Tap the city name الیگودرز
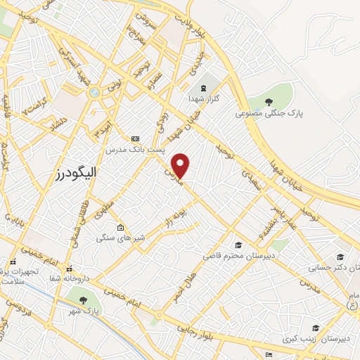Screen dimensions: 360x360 pyautogui.click(x=78, y=172)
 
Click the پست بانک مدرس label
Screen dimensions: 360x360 pyautogui.click(x=136, y=150)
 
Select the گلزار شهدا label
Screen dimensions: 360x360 pyautogui.click(x=203, y=98)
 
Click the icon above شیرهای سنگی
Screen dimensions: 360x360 pyautogui.click(x=121, y=228)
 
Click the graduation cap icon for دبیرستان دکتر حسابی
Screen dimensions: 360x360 pyautogui.click(x=341, y=258)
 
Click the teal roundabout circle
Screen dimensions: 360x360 pyautogui.click(x=94, y=92)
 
